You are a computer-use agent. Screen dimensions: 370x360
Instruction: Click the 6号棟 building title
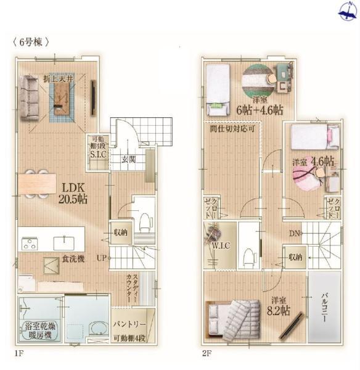30,42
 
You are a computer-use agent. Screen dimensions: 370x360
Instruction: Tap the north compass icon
345,9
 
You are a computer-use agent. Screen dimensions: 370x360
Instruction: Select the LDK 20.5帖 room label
73,192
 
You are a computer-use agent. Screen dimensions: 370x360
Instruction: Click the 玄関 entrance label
128,159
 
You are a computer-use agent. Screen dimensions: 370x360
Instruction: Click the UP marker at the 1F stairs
101,258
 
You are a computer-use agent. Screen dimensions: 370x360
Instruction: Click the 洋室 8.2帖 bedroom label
277,306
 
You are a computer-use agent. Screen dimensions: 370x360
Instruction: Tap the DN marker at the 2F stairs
295,233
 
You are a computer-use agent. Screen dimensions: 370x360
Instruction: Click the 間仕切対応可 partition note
231,129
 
